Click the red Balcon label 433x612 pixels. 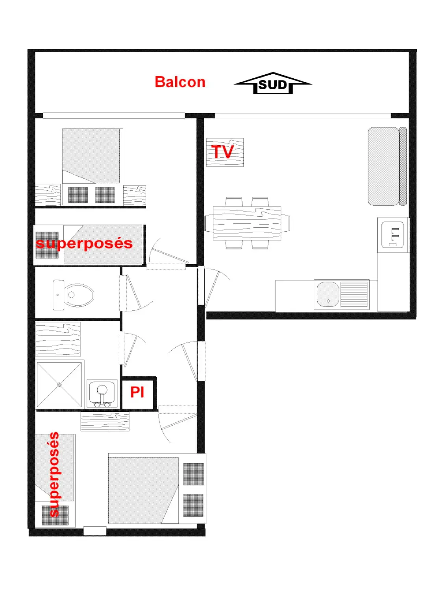pos(180,82)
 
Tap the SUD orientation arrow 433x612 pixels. pos(273,83)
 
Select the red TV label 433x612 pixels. pos(223,152)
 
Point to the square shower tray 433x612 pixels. pos(59,385)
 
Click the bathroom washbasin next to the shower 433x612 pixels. pos(102,393)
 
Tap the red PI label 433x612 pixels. pos(137,393)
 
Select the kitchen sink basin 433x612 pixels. pos(328,295)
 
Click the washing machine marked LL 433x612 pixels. pos(393,235)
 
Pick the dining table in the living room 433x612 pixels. pos(247,223)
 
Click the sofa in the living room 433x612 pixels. pos(387,166)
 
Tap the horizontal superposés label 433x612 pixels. pos(84,243)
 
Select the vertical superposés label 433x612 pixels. pos(54,474)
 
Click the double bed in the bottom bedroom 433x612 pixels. pos(143,490)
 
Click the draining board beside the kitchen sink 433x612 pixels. pos(354,295)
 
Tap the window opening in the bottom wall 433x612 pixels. pos(94,531)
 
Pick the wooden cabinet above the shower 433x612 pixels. pos(58,339)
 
